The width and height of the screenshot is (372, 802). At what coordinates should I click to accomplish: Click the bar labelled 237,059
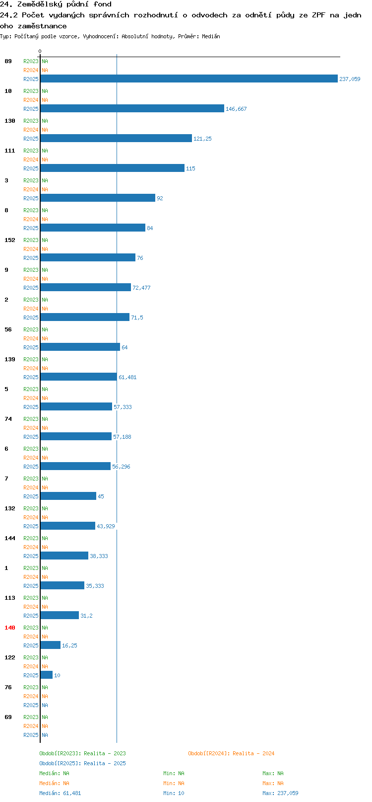click(189, 79)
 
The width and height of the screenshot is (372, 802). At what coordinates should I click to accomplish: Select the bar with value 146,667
click(132, 108)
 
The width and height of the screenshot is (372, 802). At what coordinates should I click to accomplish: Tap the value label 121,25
click(202, 139)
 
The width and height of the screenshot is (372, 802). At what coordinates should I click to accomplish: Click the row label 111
click(9, 151)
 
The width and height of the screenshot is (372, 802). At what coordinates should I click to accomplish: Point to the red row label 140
click(9, 628)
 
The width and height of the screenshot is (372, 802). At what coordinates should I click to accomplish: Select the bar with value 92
click(98, 198)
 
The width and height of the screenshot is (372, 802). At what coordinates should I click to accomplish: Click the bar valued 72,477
click(85, 288)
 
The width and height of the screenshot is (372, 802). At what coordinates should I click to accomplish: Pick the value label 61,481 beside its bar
click(127, 377)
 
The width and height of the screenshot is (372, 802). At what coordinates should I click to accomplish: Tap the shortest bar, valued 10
click(47, 675)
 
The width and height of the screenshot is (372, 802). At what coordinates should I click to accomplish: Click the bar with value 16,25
click(51, 645)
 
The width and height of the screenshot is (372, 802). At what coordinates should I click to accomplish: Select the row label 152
click(9, 240)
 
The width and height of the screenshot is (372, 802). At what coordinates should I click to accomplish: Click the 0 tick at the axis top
click(40, 51)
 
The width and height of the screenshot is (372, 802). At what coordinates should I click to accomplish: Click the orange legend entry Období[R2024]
click(231, 753)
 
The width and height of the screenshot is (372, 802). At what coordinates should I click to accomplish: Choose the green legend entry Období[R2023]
click(82, 753)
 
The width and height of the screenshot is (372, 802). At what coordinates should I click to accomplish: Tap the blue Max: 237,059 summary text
click(280, 793)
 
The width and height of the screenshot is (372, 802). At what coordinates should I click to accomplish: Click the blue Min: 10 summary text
click(174, 793)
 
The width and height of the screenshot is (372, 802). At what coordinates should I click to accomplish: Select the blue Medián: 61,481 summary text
click(60, 793)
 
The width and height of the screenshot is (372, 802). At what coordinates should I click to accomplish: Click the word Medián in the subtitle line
click(211, 36)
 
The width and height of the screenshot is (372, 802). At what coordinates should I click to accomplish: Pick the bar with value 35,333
click(62, 586)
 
